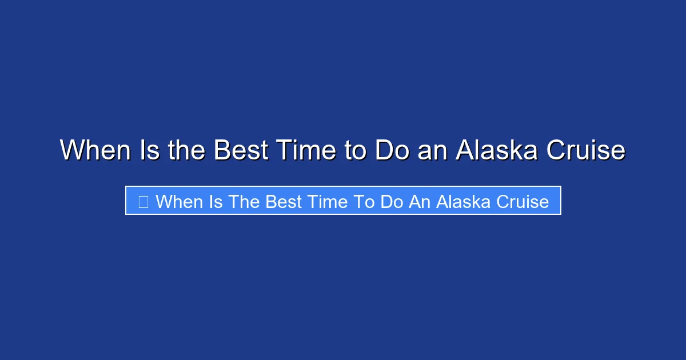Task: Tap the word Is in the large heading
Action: (147, 151)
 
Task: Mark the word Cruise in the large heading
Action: (587, 151)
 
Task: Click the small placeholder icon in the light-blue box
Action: (143, 201)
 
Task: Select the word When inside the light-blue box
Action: (178, 201)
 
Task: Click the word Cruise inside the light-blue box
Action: (521, 201)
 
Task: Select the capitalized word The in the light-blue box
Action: (243, 201)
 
